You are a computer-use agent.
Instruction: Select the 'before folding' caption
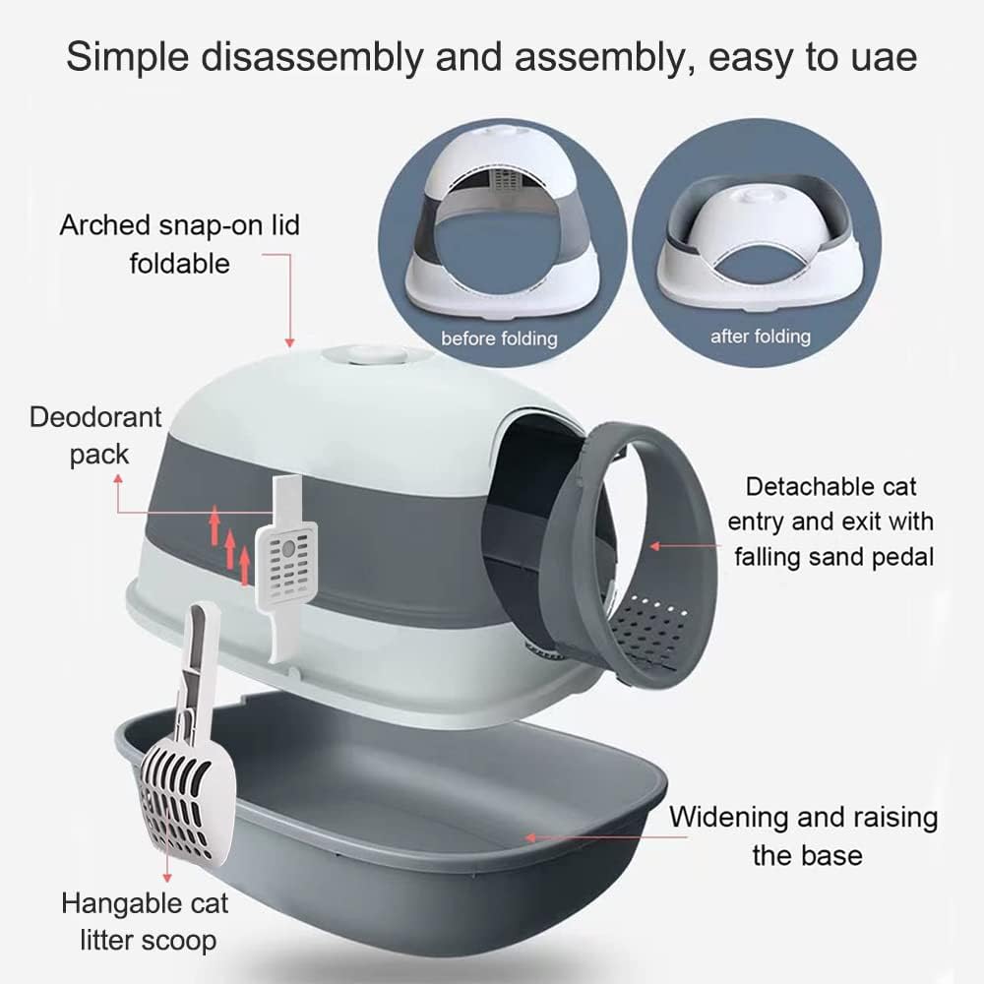(x=499, y=338)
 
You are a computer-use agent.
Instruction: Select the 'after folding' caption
(x=761, y=337)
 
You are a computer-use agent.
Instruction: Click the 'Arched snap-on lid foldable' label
(x=179, y=244)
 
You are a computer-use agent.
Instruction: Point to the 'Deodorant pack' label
(x=96, y=436)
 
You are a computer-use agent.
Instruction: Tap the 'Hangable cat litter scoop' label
(x=146, y=922)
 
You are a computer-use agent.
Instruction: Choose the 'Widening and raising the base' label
(x=803, y=835)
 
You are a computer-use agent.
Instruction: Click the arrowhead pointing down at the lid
(x=289, y=342)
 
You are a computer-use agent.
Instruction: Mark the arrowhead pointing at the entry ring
(x=655, y=546)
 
